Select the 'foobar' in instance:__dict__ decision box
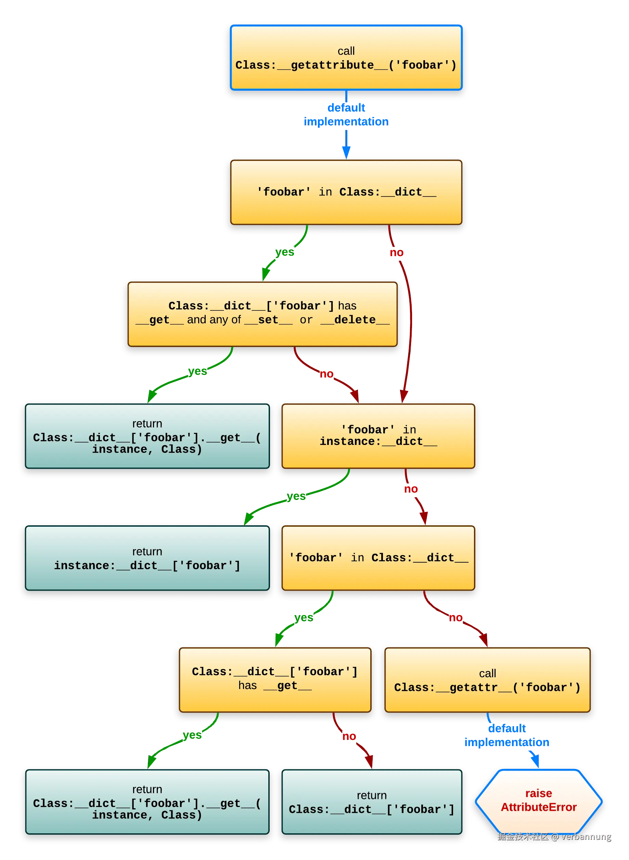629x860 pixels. (378, 436)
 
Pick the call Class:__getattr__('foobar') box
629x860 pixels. (487, 680)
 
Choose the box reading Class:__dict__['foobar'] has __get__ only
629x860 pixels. (275, 680)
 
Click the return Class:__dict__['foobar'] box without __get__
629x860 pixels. (372, 802)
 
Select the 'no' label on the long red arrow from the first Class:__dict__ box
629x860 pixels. (396, 253)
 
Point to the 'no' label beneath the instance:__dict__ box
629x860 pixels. (410, 488)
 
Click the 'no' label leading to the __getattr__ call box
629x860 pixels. (455, 617)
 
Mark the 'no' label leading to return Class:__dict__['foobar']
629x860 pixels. (349, 737)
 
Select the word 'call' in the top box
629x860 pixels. (346, 51)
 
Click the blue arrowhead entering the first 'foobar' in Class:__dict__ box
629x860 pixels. (346, 152)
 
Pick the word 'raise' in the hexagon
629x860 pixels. (538, 793)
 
